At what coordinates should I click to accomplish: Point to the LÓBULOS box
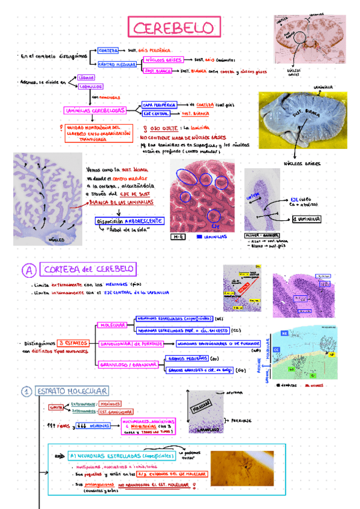pos(85,77)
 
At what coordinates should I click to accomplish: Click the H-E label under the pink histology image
pos(179,236)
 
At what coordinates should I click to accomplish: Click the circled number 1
pos(26,392)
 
